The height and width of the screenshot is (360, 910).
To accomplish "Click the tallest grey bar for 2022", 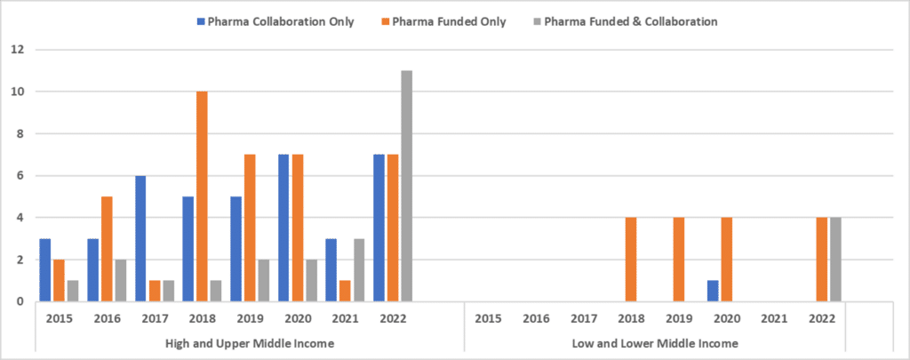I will coord(406,187).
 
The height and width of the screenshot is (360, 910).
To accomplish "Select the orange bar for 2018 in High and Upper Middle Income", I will coord(204,196).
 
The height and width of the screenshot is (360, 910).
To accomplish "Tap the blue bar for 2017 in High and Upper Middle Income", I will coord(141,239).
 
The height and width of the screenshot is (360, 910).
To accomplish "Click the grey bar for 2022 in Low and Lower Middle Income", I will coord(834,260).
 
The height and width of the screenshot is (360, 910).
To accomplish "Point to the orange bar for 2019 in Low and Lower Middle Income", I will coord(679,260).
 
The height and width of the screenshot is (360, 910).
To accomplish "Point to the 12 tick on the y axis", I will coord(16,49).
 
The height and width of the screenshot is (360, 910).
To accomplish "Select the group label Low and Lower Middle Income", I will coord(654,343).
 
